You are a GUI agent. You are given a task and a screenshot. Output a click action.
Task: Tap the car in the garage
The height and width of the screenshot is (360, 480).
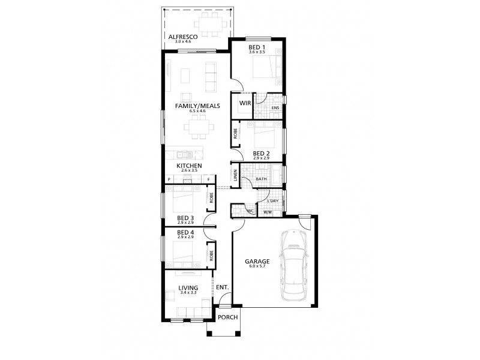295,265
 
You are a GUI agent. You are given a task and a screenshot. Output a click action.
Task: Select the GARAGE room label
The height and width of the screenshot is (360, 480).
257,262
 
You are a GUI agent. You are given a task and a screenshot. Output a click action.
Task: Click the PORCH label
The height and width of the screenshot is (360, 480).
227,317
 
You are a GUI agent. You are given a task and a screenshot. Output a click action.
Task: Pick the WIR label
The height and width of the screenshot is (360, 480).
244,103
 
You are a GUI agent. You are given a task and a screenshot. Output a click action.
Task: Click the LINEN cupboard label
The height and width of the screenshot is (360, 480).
236,175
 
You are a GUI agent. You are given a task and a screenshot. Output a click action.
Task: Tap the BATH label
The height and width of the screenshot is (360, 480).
261,179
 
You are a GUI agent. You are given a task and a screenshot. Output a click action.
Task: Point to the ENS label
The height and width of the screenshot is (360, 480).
275,108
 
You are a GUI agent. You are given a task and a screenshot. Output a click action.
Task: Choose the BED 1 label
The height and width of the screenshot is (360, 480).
257,49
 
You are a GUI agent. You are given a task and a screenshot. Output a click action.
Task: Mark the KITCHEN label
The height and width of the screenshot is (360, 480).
189,166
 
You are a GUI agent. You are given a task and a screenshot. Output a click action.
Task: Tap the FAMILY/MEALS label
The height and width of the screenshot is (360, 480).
197,106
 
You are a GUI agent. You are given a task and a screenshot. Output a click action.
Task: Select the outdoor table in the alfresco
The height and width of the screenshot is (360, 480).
209,25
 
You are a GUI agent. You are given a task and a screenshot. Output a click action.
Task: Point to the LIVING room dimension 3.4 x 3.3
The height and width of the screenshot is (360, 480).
188,294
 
